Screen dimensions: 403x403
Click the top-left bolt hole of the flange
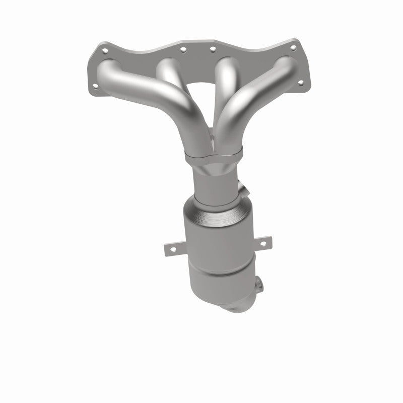[105, 51]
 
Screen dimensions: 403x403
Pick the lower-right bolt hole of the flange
[301, 82]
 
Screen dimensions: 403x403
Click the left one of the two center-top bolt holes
[182, 49]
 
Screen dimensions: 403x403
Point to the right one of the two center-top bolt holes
[212, 49]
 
